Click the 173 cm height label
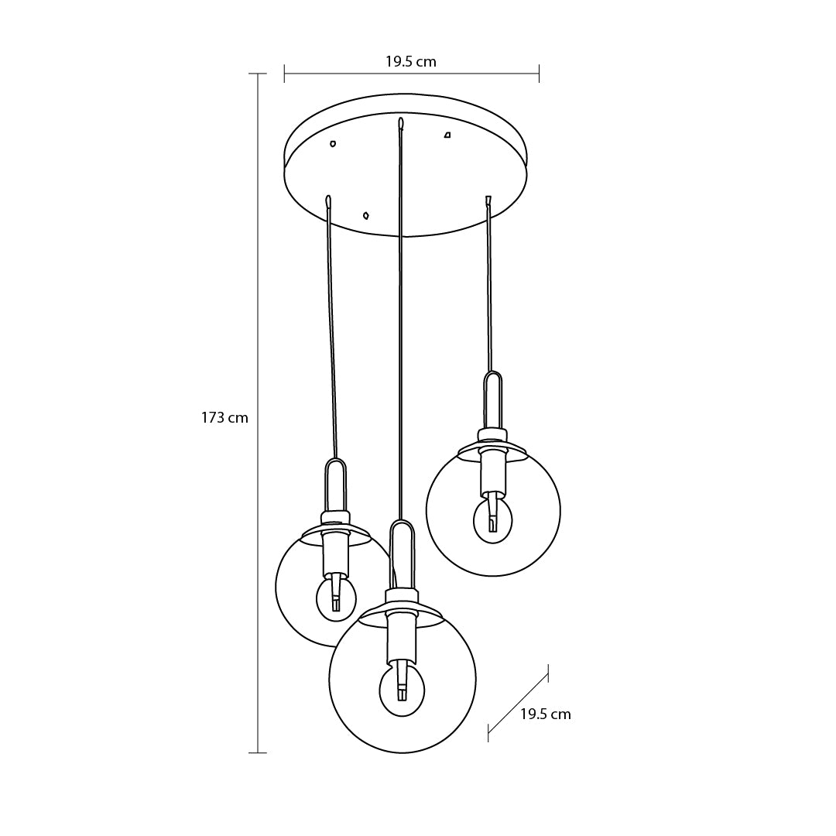click(x=224, y=417)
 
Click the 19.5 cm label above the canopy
click(x=411, y=62)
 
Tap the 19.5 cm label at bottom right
click(x=546, y=714)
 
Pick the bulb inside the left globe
click(x=336, y=596)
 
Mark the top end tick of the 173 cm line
click(x=258, y=74)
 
